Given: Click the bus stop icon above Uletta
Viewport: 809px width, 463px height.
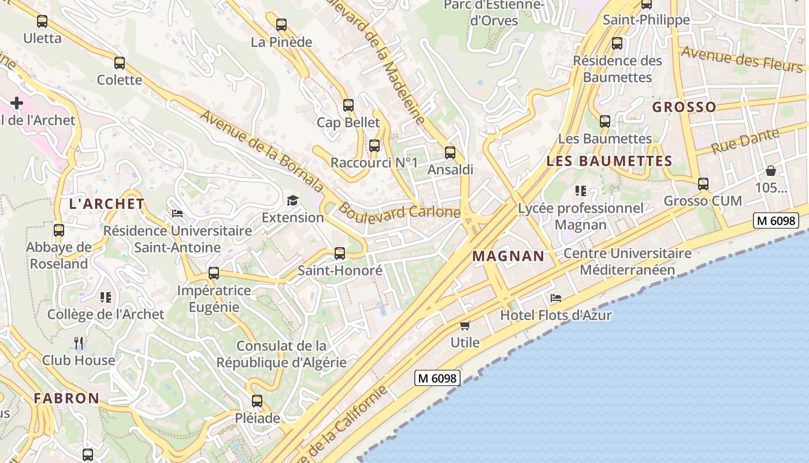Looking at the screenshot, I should point(42,21).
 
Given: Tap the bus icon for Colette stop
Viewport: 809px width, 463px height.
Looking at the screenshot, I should point(120,63).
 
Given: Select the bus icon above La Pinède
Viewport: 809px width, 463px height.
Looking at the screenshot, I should point(281,25).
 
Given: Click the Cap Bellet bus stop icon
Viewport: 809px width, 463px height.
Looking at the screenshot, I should point(348,105).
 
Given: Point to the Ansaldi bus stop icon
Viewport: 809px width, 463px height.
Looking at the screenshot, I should point(450,153).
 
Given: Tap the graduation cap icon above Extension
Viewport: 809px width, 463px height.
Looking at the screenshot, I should point(293,200).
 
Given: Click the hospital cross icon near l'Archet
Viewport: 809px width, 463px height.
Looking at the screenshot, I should point(17,103).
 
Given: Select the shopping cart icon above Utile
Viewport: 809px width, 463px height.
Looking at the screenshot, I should point(465,325).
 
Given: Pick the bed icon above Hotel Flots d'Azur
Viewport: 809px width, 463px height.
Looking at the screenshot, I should point(556,298).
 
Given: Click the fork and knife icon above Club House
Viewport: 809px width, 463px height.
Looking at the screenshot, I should point(79,343).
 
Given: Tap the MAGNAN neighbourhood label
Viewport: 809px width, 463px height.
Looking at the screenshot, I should point(509,256).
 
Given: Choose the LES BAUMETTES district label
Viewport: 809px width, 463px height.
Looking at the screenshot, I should point(609,161).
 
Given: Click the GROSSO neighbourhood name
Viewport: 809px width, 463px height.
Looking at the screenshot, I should point(684,107).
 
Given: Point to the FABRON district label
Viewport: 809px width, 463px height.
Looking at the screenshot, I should point(66,398).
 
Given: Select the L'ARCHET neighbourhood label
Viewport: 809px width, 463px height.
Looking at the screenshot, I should point(107,204).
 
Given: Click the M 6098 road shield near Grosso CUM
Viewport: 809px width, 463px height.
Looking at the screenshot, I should point(776,221).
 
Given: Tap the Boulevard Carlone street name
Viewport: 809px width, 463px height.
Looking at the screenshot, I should point(399,211).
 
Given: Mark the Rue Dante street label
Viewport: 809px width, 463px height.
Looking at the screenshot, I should point(745,141).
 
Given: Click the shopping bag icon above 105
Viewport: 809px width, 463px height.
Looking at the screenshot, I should point(771,171).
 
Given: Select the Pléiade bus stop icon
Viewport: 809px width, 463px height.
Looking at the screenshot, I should point(257,400).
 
